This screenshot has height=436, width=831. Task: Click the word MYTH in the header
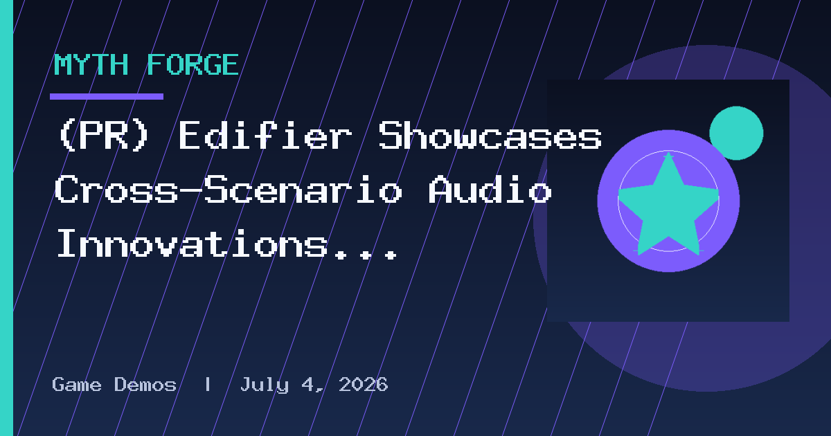[x=91, y=65]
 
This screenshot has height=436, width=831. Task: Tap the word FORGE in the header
[x=193, y=65]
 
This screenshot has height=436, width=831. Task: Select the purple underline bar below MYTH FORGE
[x=107, y=96]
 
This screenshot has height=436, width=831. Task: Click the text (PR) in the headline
[x=103, y=136]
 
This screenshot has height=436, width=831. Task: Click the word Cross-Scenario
[x=229, y=189]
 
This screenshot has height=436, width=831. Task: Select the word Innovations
[x=193, y=243]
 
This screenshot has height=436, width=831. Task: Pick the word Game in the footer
[x=77, y=385]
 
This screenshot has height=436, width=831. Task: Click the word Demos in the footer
[x=145, y=384]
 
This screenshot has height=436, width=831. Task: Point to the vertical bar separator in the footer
[x=208, y=384]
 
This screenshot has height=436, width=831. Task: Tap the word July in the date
[x=265, y=385]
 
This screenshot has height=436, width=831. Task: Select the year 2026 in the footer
[x=363, y=384]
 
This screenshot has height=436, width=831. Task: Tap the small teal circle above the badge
[x=736, y=133]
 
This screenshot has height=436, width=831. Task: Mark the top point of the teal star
[x=668, y=152]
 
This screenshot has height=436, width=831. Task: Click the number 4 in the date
[x=309, y=384]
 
